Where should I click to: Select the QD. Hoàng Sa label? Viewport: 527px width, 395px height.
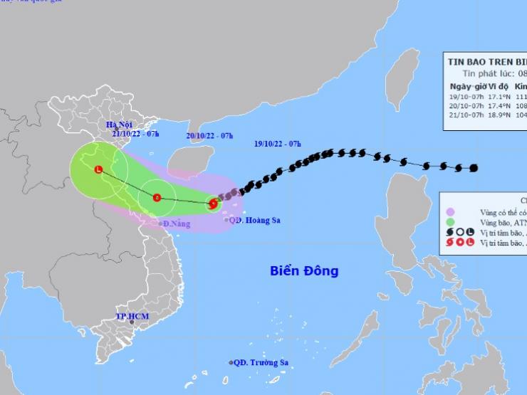click(x=256, y=220)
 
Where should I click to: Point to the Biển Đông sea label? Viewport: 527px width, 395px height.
click(x=304, y=271)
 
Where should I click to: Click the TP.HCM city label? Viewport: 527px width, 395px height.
click(x=131, y=315)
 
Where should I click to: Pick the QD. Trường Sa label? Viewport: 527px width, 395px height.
click(x=262, y=362)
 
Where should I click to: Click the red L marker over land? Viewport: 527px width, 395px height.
click(x=98, y=169)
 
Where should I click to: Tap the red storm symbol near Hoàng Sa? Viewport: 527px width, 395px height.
click(x=212, y=205)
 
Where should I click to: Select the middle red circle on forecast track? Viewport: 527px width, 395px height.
click(x=156, y=198)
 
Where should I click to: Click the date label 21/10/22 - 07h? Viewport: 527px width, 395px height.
click(x=135, y=133)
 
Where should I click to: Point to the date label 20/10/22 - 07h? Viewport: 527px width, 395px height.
click(x=209, y=135)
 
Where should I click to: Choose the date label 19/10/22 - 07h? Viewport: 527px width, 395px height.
click(x=277, y=144)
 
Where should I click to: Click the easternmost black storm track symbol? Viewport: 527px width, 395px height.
click(x=474, y=168)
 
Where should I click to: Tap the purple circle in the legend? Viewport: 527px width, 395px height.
click(x=450, y=211)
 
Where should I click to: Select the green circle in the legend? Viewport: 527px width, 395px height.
click(x=450, y=222)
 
